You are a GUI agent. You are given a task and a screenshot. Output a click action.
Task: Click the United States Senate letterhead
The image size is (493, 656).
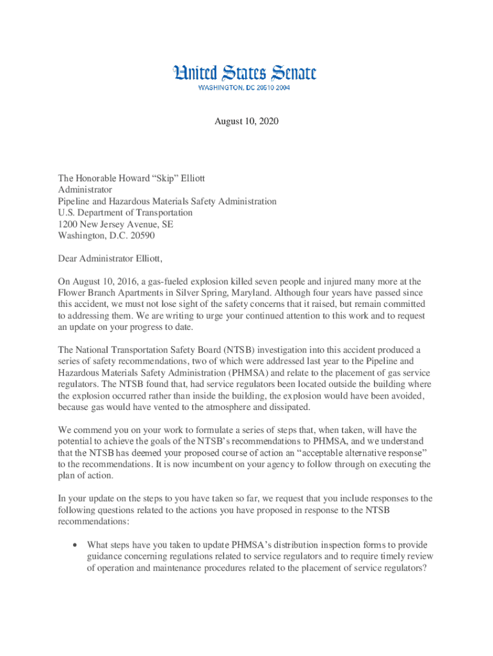click(x=245, y=73)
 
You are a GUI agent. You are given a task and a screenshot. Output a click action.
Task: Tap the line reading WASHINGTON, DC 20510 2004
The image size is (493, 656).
click(x=243, y=88)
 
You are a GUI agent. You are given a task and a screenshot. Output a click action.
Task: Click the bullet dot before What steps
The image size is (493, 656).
click(x=76, y=545)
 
